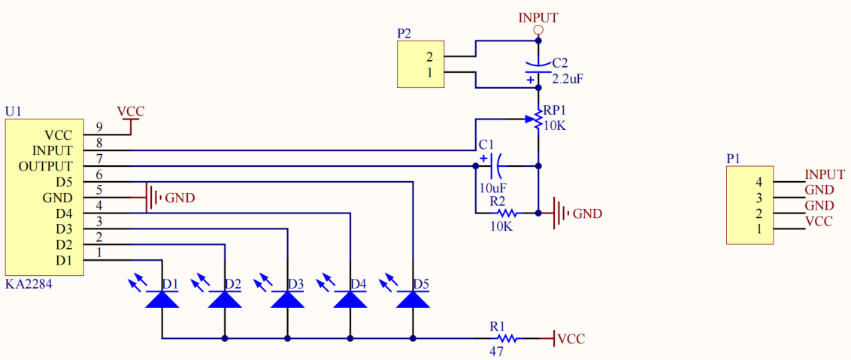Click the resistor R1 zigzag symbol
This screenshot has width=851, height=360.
tap(506, 338)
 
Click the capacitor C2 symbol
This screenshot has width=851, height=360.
tap(538, 69)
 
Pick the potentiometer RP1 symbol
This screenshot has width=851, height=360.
tap(538, 119)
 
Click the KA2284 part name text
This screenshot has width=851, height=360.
tap(29, 285)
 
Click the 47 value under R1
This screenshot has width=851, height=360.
tap(497, 350)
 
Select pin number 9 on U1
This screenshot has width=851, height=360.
tap(98, 126)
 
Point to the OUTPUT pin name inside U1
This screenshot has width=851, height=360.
tap(46, 166)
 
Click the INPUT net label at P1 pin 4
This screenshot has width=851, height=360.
tap(825, 174)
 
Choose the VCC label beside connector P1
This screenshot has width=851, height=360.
tap(819, 222)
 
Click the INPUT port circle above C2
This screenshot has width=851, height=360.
tap(538, 30)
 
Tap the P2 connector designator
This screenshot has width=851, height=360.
tap(404, 34)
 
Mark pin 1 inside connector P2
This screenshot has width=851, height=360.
tap(429, 73)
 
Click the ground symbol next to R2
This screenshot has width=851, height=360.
tap(560, 213)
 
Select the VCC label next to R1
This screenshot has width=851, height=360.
tap(571, 339)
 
